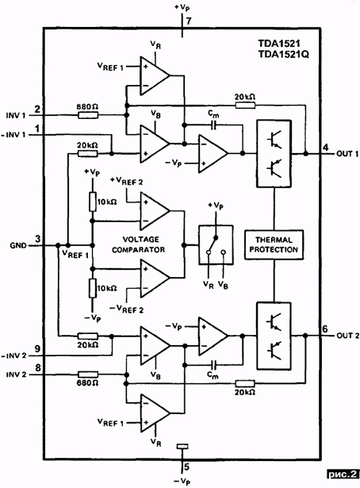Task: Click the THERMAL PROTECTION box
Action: click(274, 244)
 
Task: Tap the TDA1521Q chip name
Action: click(284, 55)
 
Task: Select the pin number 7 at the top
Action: click(189, 21)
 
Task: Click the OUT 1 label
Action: click(347, 154)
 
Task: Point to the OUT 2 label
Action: click(348, 336)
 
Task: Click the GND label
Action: click(18, 245)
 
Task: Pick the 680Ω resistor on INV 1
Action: click(88, 116)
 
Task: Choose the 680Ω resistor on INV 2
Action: click(88, 375)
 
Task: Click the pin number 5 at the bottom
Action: click(186, 467)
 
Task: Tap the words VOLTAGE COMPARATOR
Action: click(139, 244)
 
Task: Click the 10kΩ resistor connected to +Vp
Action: click(92, 202)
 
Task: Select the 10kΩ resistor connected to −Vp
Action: click(92, 289)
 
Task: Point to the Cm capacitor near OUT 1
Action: click(214, 125)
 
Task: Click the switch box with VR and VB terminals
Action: click(216, 245)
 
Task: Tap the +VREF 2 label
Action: click(127, 181)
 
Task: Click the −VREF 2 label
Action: click(127, 309)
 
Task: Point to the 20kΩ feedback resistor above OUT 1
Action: click(245, 106)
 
